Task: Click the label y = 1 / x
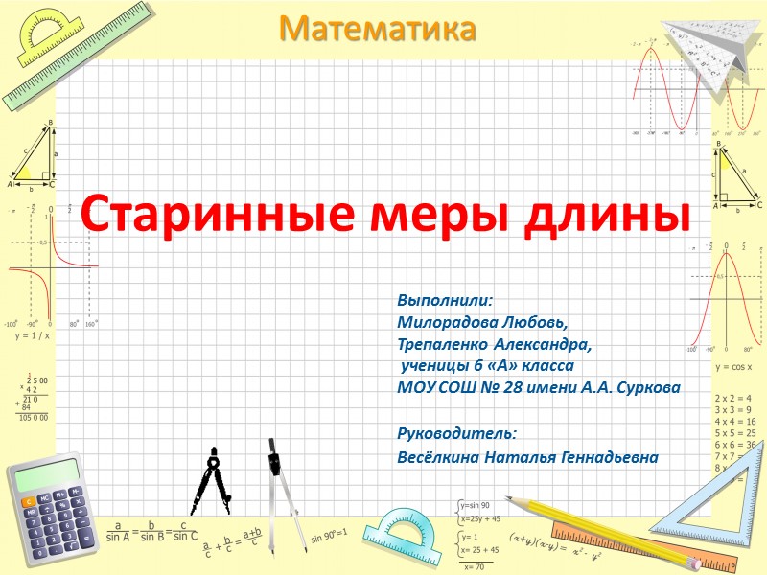coord(32,336)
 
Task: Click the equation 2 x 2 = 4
coord(733,397)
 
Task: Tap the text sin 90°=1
coord(329,532)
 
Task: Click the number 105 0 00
coord(33,418)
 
